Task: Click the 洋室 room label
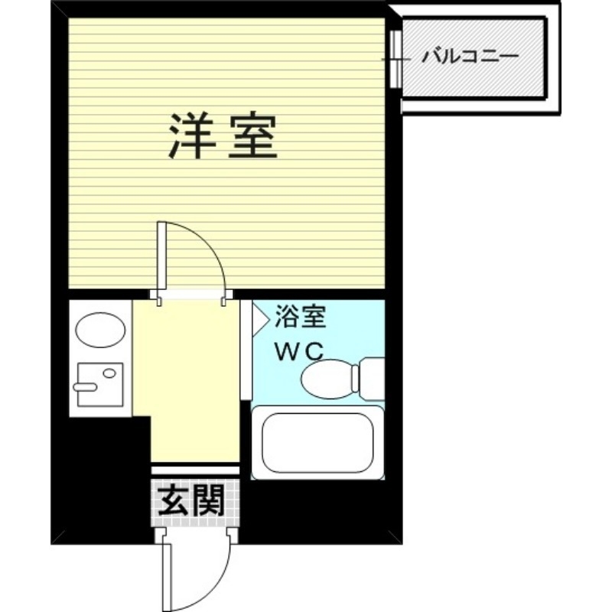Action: tap(221, 135)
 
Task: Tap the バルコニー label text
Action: tap(470, 57)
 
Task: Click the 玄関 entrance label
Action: tap(190, 503)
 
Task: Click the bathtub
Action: tap(317, 443)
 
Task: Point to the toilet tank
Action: tap(371, 379)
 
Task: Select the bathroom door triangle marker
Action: tap(260, 316)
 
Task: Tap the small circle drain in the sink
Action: tap(109, 374)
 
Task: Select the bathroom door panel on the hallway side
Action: tap(246, 348)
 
